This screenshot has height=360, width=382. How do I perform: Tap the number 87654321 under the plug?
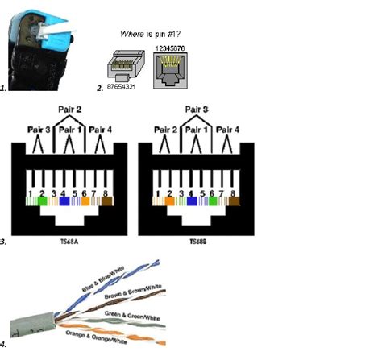coord(119,83)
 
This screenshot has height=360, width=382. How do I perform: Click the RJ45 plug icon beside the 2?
coord(120,63)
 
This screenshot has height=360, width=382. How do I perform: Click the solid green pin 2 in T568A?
coord(42,202)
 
